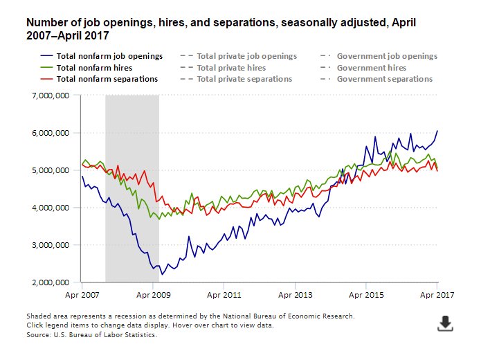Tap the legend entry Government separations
[384, 79]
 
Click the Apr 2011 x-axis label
[224, 294]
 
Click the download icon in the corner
[445, 323]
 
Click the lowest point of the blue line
[163, 274]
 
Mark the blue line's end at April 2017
[437, 131]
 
